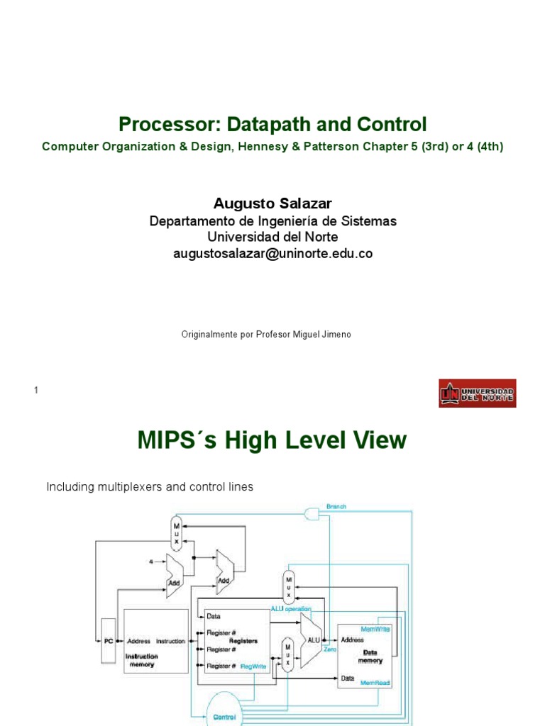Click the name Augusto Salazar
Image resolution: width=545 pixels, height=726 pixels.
coord(272,204)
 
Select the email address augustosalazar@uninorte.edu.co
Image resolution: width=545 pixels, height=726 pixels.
coord(272,253)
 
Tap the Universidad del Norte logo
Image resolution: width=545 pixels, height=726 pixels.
coord(477,393)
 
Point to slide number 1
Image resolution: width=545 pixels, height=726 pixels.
coord(35,391)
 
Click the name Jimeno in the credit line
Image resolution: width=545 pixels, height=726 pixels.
coord(336,334)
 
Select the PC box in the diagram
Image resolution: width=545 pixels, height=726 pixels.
coord(108,641)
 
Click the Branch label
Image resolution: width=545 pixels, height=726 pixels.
coord(336,506)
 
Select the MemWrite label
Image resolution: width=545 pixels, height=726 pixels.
coord(375,629)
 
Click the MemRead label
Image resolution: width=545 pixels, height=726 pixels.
coord(376,683)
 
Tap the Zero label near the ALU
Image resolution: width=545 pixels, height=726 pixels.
coord(329,649)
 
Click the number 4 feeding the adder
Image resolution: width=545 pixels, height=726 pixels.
coord(151,562)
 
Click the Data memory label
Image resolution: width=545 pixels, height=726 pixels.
coord(370,656)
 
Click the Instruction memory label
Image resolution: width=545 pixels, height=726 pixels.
coord(141,660)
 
